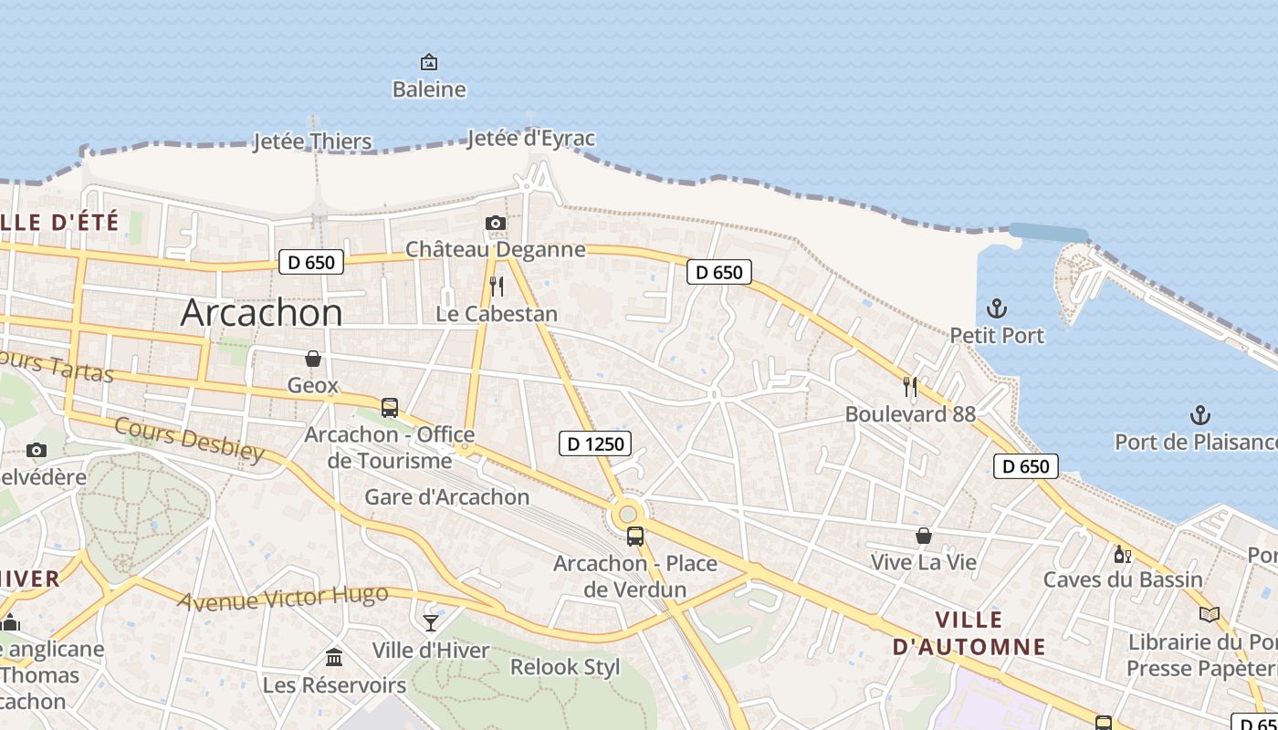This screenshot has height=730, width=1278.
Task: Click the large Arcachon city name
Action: tap(261, 313)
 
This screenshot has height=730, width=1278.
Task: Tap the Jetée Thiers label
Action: tap(312, 141)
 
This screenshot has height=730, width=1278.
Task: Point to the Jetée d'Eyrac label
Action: tap(530, 139)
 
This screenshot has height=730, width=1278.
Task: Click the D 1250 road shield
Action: tap(595, 444)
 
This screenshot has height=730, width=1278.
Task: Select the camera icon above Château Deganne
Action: tap(495, 224)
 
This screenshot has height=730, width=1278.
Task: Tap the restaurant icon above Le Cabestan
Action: tap(497, 287)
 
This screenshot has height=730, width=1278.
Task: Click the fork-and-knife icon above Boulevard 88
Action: tap(910, 387)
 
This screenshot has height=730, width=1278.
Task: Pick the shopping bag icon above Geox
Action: tap(313, 360)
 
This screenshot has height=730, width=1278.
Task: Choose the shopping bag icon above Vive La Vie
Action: tap(924, 536)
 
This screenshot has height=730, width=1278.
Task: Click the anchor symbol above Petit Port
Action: tap(997, 308)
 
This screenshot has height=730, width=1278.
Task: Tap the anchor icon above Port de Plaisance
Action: tap(1199, 416)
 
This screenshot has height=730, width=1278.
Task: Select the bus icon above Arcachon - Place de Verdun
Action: tap(635, 537)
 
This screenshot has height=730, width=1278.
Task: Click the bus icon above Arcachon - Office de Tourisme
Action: tap(390, 408)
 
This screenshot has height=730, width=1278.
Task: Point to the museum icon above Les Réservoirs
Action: tap(334, 657)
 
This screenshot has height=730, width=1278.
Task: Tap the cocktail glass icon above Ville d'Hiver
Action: tap(431, 623)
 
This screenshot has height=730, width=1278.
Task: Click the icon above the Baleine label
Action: tap(428, 62)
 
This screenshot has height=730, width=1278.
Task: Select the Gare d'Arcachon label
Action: tap(447, 497)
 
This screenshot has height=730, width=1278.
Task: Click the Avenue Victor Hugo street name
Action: tap(282, 599)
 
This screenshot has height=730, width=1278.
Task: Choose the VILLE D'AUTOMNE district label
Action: tap(969, 633)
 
